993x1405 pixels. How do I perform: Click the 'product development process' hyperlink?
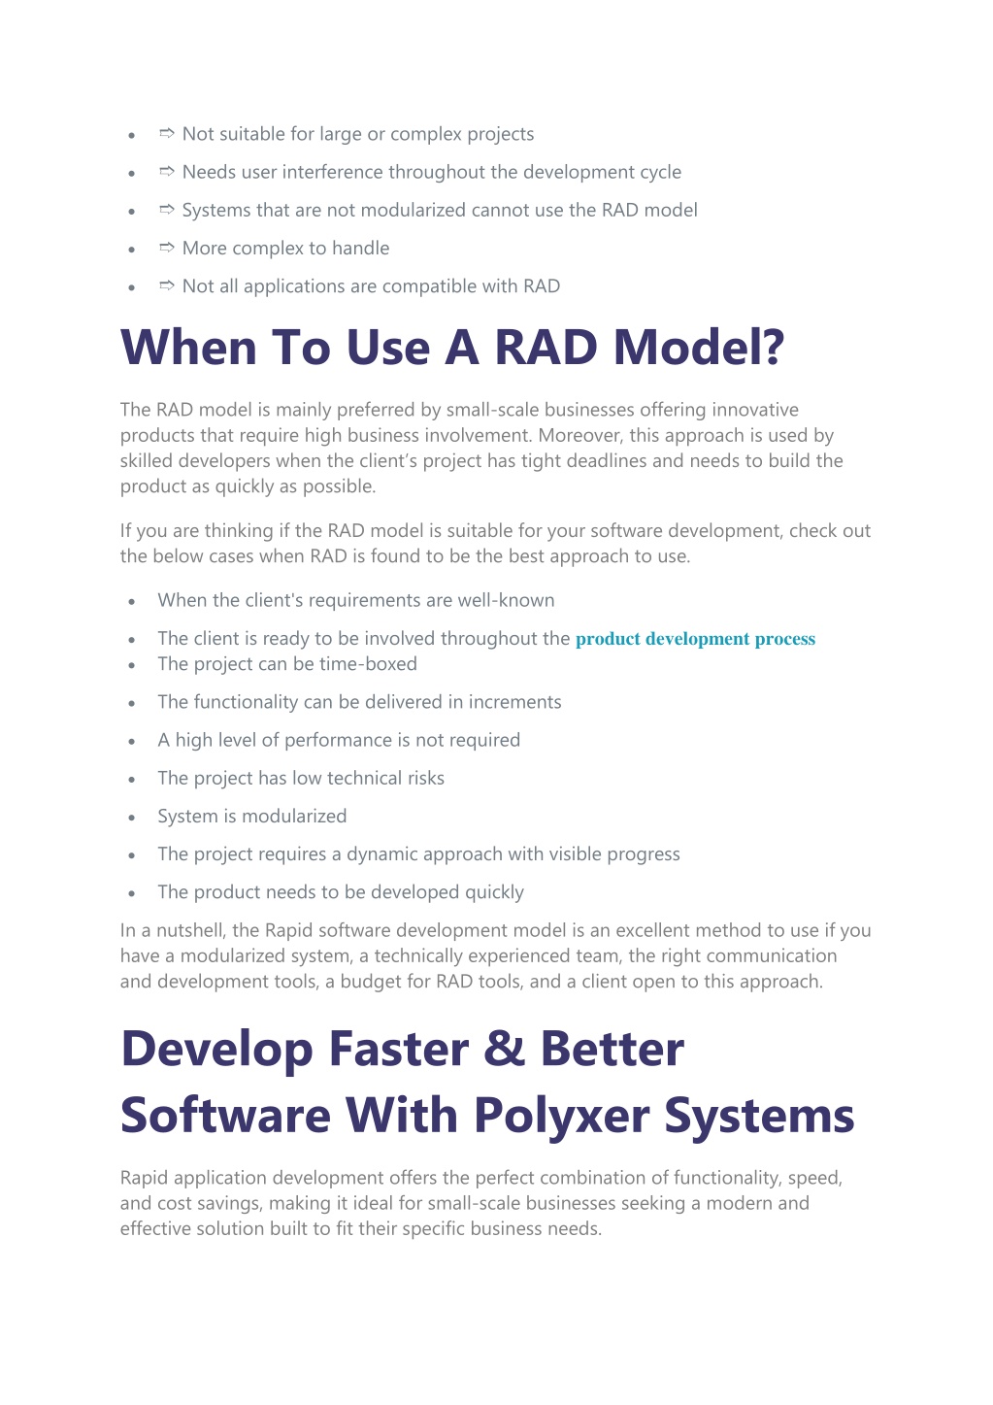(x=695, y=639)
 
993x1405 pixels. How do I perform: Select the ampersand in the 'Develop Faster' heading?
(x=504, y=1050)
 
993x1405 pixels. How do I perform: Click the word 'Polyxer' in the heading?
(x=562, y=1117)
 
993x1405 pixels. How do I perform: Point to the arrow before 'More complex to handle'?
(x=167, y=248)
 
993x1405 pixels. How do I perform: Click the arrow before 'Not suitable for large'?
(x=167, y=133)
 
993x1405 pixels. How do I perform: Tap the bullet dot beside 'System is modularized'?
(x=131, y=818)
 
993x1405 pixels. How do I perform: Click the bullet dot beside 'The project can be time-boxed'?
(x=131, y=665)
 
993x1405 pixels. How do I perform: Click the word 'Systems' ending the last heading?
(x=759, y=1117)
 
